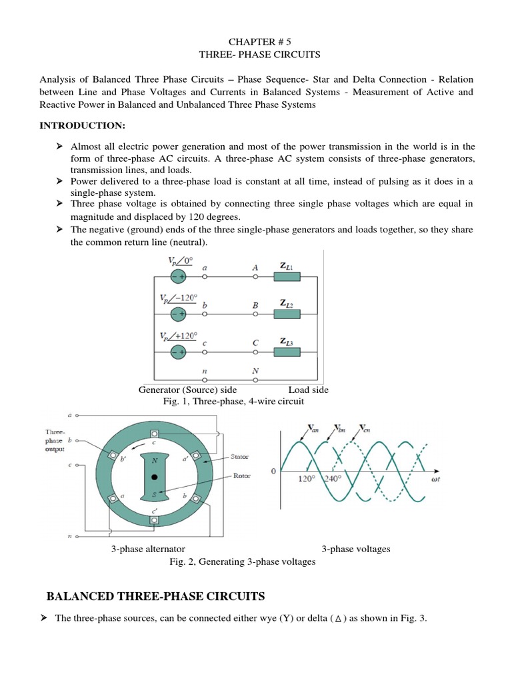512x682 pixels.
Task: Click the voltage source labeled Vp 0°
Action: [x=178, y=275]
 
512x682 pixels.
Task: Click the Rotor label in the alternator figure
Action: [x=241, y=476]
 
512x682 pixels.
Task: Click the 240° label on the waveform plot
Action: [x=331, y=478]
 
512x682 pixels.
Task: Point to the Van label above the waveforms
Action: [x=313, y=428]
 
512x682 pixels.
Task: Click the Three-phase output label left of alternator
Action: [x=55, y=440]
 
